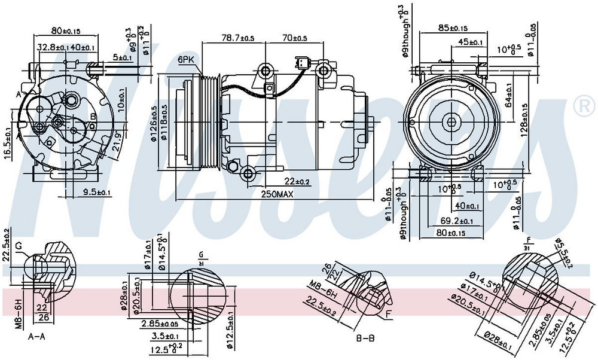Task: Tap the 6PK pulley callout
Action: point(186,60)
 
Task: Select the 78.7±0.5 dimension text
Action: point(238,38)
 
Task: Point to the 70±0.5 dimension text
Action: point(295,38)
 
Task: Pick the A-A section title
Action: point(37,337)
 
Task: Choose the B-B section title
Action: point(365,338)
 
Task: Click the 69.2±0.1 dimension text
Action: point(453,221)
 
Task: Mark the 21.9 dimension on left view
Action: point(118,142)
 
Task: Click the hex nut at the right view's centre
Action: point(451,122)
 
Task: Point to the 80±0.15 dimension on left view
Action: point(66,30)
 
